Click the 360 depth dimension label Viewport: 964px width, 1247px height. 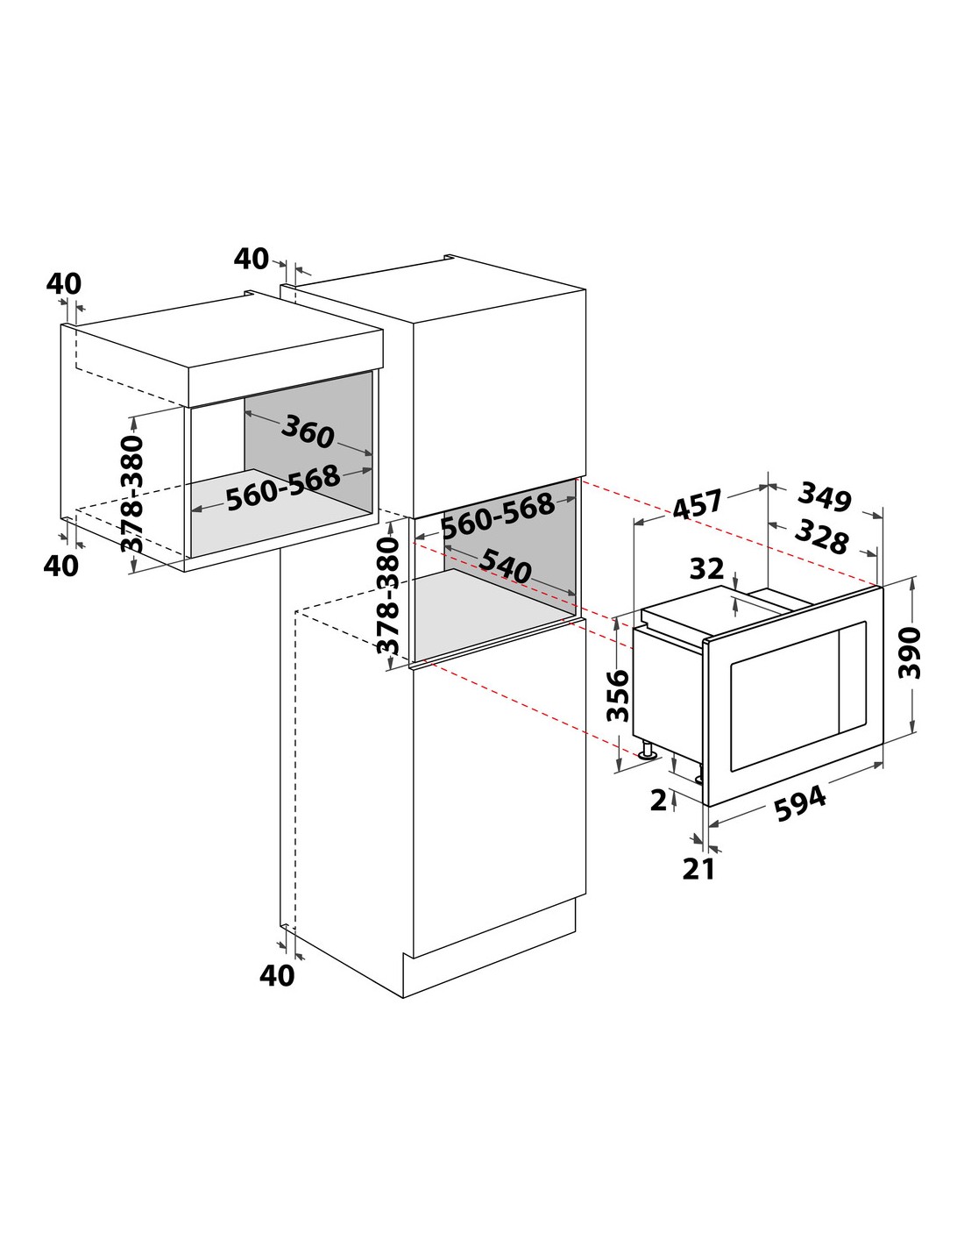click(x=308, y=432)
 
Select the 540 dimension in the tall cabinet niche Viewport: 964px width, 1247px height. click(x=506, y=566)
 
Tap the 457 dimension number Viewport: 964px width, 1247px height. click(x=697, y=504)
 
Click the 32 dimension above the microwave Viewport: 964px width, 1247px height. click(x=706, y=569)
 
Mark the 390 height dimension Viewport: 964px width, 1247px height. click(x=909, y=653)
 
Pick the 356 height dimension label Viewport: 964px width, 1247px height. click(x=618, y=696)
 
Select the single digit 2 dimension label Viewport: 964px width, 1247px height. click(x=659, y=801)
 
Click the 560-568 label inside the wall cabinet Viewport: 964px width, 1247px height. click(x=283, y=488)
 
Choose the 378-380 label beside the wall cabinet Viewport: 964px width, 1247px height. click(x=132, y=494)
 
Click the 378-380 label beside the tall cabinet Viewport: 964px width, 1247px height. click(x=388, y=595)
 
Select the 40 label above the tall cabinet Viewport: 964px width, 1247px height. click(x=252, y=259)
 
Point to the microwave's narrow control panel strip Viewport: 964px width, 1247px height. click(x=853, y=677)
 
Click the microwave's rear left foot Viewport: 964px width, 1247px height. click(x=649, y=750)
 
